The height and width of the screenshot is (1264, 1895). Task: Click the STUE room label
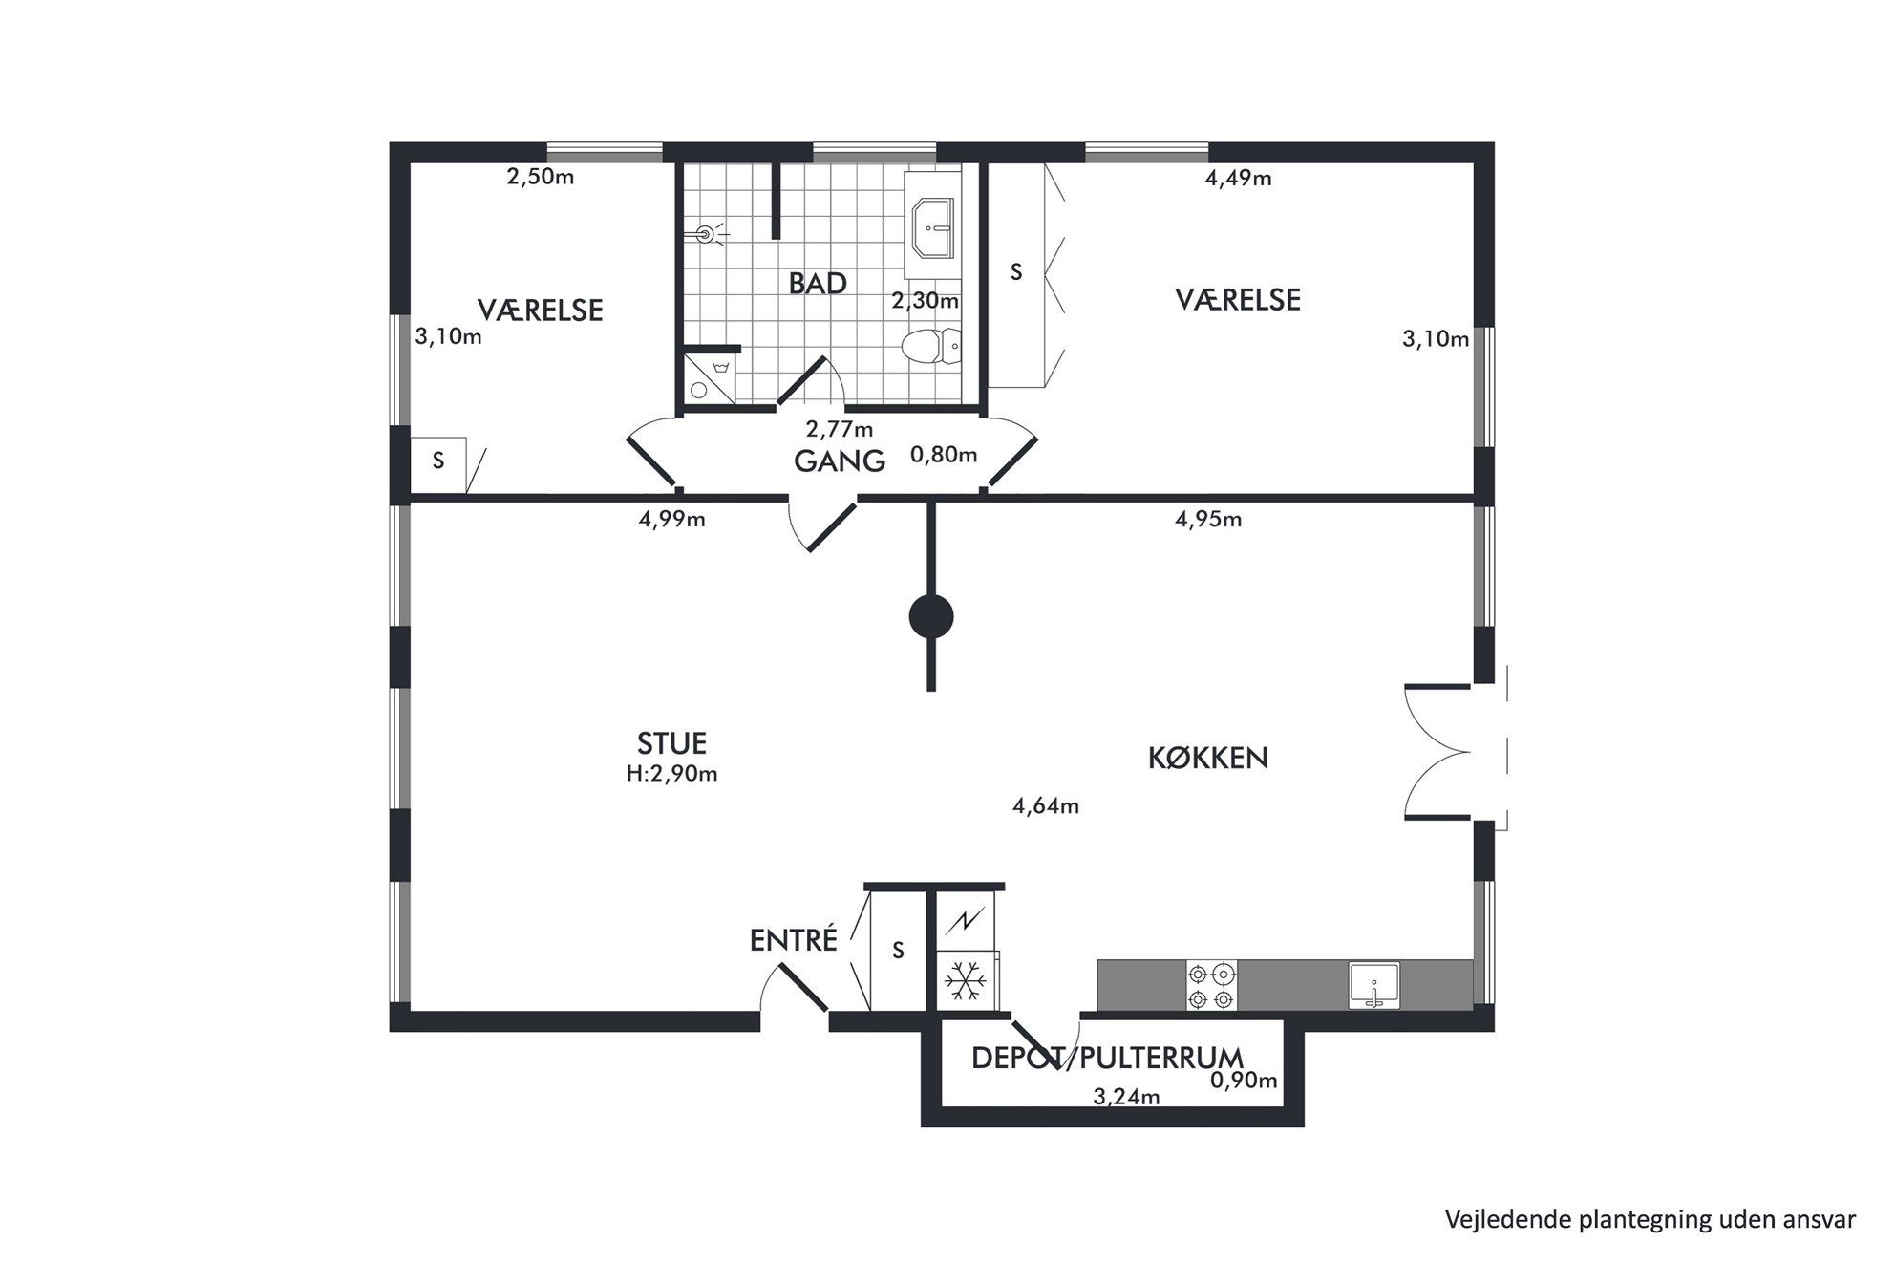click(x=671, y=743)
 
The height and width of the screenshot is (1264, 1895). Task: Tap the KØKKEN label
click(x=1207, y=758)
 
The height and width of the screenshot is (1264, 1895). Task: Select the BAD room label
click(x=818, y=283)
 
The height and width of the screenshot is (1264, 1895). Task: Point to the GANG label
click(x=840, y=461)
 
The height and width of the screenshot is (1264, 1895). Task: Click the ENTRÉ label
click(x=793, y=940)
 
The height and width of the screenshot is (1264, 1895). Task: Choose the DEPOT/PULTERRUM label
click(x=1107, y=1058)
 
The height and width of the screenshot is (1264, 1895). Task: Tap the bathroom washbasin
click(x=933, y=228)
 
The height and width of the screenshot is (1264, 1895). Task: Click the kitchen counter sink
click(x=1373, y=986)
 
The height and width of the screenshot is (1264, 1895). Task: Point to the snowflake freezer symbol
click(x=965, y=981)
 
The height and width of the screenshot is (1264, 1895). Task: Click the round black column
click(x=930, y=617)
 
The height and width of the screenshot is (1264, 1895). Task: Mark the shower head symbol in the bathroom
click(x=708, y=233)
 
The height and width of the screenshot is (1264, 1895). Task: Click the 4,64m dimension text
click(x=1046, y=806)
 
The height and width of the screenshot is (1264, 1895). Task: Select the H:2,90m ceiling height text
click(x=671, y=774)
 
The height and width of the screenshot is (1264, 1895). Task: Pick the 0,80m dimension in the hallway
click(x=944, y=455)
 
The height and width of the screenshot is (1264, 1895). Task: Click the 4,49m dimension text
click(x=1238, y=179)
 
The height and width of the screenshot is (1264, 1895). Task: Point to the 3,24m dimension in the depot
click(x=1126, y=1097)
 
